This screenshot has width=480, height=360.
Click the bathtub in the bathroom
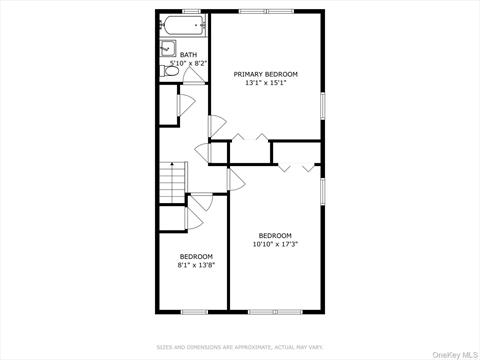182,25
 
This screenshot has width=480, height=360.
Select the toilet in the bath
169,70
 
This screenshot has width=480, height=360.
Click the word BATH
188,55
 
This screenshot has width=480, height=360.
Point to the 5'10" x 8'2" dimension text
188,63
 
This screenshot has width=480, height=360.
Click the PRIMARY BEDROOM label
265,74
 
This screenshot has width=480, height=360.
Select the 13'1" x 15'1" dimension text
265,83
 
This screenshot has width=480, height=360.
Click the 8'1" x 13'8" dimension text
196,265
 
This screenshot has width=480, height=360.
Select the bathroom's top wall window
183,11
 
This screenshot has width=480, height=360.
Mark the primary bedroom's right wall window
323,106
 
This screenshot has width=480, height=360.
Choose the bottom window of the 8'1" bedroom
193,311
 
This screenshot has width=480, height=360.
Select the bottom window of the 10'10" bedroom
275,311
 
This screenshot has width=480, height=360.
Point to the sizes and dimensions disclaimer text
240,347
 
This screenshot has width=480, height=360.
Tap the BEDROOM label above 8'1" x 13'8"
196,256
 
